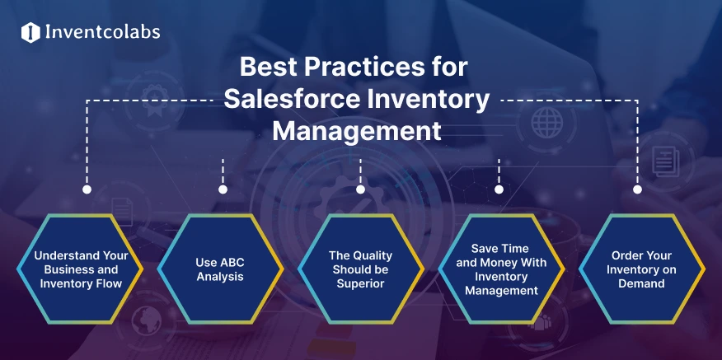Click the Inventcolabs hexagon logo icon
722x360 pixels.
click(x=30, y=33)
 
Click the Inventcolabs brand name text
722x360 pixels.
click(x=103, y=32)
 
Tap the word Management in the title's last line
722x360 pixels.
click(x=357, y=131)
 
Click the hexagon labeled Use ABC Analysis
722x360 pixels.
click(x=220, y=269)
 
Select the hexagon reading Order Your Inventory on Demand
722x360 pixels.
click(x=641, y=269)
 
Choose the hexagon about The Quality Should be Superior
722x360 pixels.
click(x=360, y=269)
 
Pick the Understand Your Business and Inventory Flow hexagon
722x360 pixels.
click(x=80, y=269)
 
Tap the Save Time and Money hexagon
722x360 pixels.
click(x=501, y=269)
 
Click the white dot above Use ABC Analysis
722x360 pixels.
click(x=223, y=189)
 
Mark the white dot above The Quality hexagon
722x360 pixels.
click(x=360, y=189)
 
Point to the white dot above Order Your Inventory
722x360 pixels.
click(x=637, y=189)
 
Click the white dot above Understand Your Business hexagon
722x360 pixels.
click(x=87, y=189)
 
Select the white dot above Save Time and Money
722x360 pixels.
click(x=499, y=189)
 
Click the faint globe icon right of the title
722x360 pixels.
click(x=546, y=123)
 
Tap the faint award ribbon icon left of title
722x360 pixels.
click(x=154, y=100)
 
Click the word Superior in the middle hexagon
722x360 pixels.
click(x=360, y=283)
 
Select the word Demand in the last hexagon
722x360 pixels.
click(x=641, y=283)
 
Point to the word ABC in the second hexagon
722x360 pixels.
click(x=232, y=263)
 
